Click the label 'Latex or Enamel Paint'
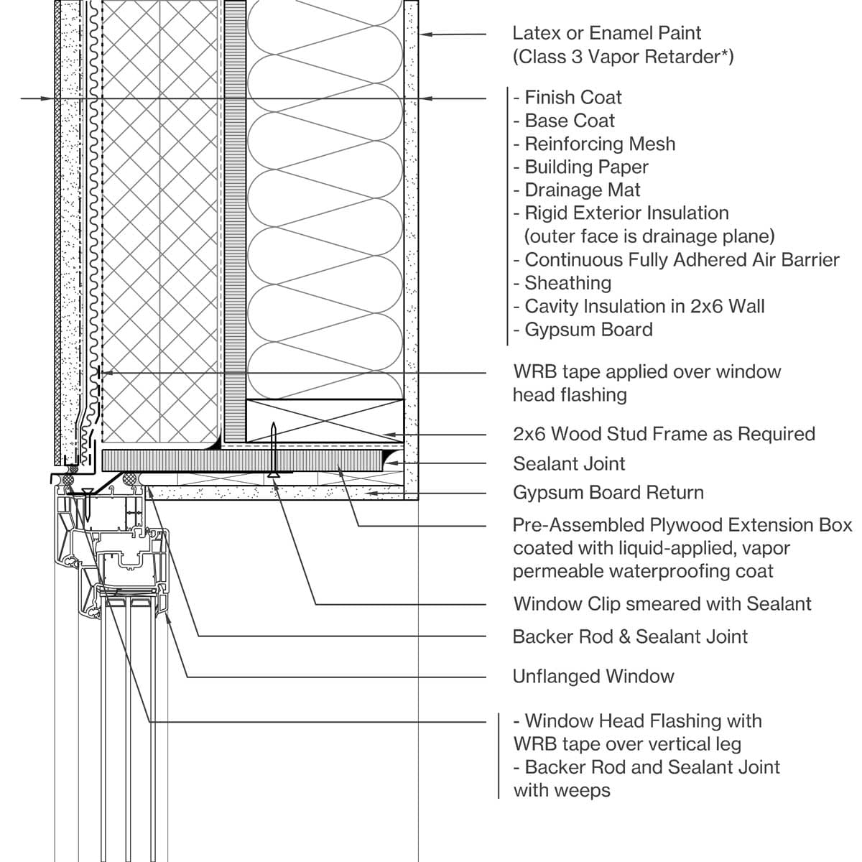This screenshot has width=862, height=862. pyautogui.click(x=606, y=33)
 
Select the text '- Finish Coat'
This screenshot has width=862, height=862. pyautogui.click(x=567, y=98)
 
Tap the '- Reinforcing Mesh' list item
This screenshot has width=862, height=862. pyautogui.click(x=594, y=144)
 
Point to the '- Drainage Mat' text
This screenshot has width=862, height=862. pyautogui.click(x=577, y=190)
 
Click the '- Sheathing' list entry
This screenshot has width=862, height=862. pyautogui.click(x=562, y=283)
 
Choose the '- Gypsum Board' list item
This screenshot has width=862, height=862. pyautogui.click(x=583, y=330)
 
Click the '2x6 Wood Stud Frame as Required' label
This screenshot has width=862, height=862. pyautogui.click(x=664, y=434)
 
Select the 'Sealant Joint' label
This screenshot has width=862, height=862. pyautogui.click(x=569, y=464)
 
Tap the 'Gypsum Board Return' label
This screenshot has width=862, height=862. pyautogui.click(x=608, y=493)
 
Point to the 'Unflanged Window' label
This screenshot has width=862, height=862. pyautogui.click(x=593, y=677)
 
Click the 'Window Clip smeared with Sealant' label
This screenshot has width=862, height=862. pyautogui.click(x=662, y=604)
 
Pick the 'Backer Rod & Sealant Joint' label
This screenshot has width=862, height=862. pyautogui.click(x=630, y=636)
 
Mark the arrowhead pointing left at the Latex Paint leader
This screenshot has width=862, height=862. pyautogui.click(x=425, y=33)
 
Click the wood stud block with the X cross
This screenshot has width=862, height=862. pyautogui.click(x=325, y=421)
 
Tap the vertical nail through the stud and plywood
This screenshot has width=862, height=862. pyautogui.click(x=274, y=449)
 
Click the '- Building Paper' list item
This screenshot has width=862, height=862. pyautogui.click(x=581, y=167)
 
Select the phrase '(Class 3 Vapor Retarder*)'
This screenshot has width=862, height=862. pyautogui.click(x=623, y=57)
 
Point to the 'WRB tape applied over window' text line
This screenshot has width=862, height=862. pyautogui.click(x=646, y=372)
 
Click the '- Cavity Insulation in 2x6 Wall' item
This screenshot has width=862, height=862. pyautogui.click(x=639, y=307)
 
